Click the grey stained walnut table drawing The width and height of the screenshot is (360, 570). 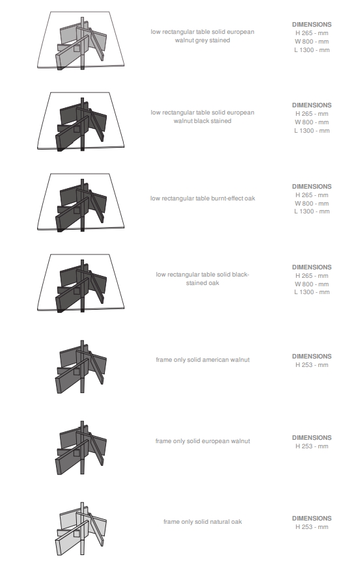point(81,40)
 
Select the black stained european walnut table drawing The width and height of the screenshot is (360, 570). point(81,121)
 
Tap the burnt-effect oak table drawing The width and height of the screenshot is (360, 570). point(81,202)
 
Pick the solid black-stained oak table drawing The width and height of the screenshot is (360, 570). point(81,283)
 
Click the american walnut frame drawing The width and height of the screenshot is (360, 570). point(81,367)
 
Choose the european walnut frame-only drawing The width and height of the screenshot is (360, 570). point(81,448)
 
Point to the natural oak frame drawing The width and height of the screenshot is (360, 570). point(81,529)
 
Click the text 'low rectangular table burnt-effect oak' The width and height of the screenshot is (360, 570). point(202,198)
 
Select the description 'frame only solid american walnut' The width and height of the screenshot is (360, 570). point(202,360)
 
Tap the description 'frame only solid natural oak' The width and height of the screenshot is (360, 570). point(202,522)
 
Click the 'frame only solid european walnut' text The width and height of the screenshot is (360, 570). point(202,441)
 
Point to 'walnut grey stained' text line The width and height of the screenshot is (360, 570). point(202,40)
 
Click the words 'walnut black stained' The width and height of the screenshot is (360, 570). point(202,121)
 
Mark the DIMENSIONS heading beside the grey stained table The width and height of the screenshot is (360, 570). point(312,25)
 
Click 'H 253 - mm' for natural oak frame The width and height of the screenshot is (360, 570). point(312,527)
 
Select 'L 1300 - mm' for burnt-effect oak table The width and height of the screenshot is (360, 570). point(312,211)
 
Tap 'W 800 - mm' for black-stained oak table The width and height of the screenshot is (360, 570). point(312,284)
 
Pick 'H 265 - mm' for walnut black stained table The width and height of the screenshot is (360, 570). point(312,114)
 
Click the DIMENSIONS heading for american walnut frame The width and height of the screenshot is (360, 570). point(312,357)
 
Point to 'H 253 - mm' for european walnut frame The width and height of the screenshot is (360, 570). point(312,446)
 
